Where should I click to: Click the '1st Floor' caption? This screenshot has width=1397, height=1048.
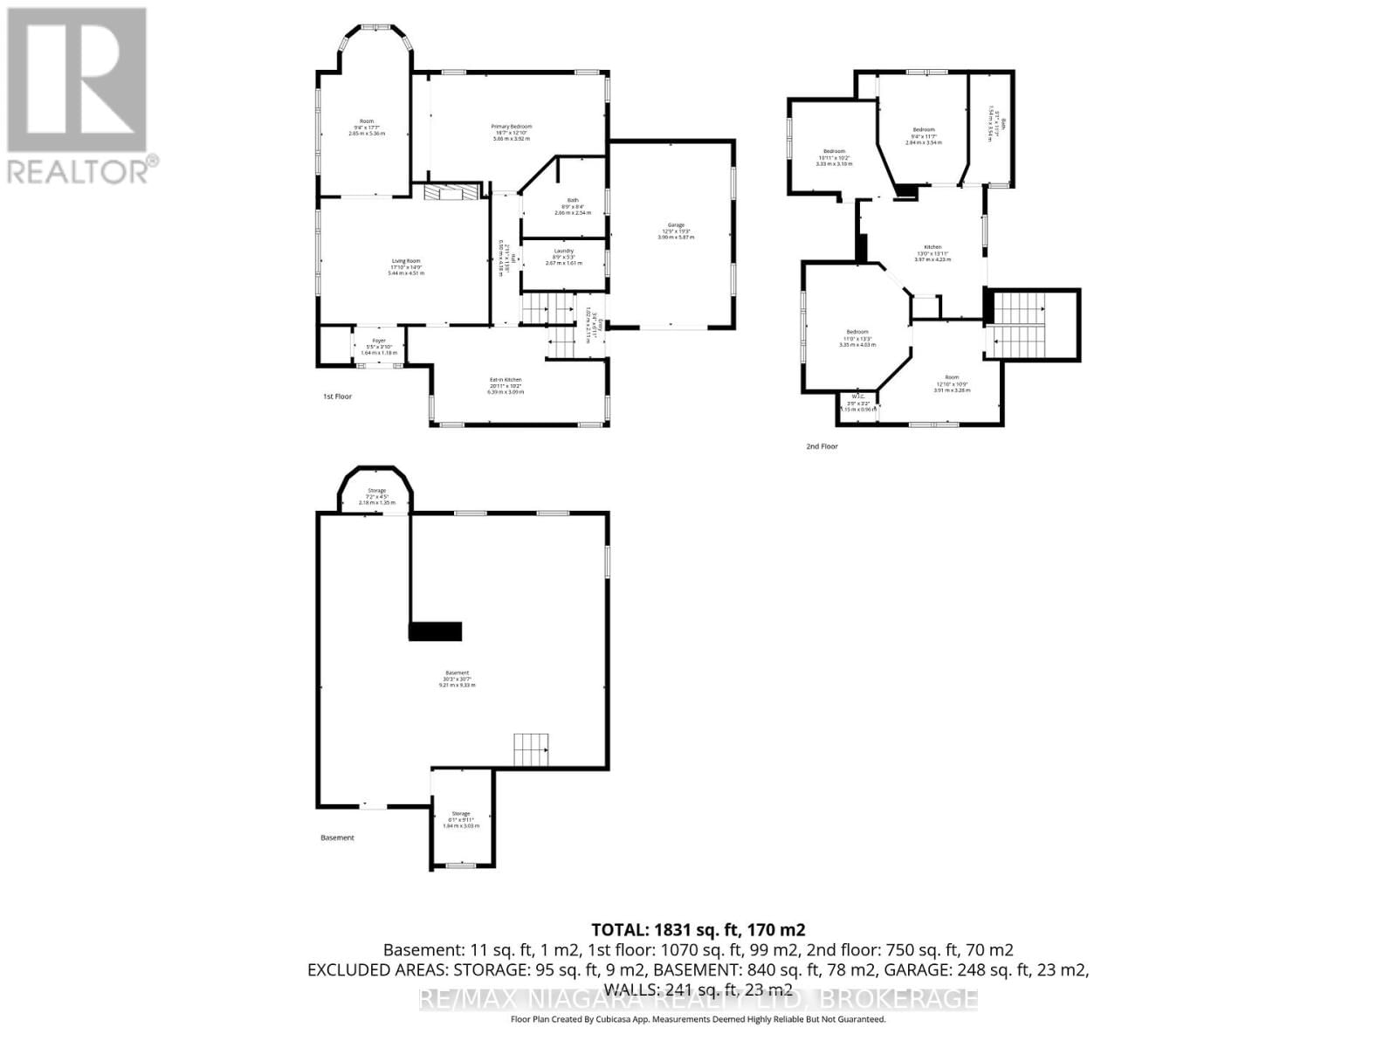[x=337, y=396]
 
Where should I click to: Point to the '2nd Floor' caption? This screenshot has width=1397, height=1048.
[x=822, y=446]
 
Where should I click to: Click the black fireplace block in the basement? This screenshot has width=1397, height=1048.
[x=435, y=631]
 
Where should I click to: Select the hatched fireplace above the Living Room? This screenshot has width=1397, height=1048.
[x=452, y=192]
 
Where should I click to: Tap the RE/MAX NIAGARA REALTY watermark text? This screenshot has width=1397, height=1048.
[x=698, y=999]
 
